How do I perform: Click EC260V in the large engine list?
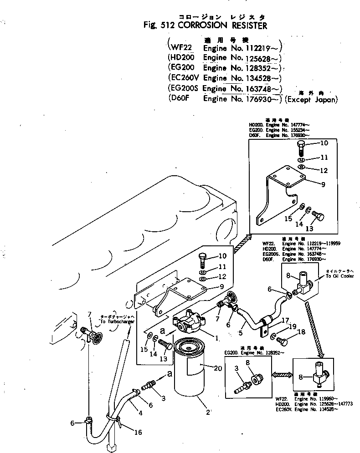(182, 78)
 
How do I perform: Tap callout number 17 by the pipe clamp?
(286, 321)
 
